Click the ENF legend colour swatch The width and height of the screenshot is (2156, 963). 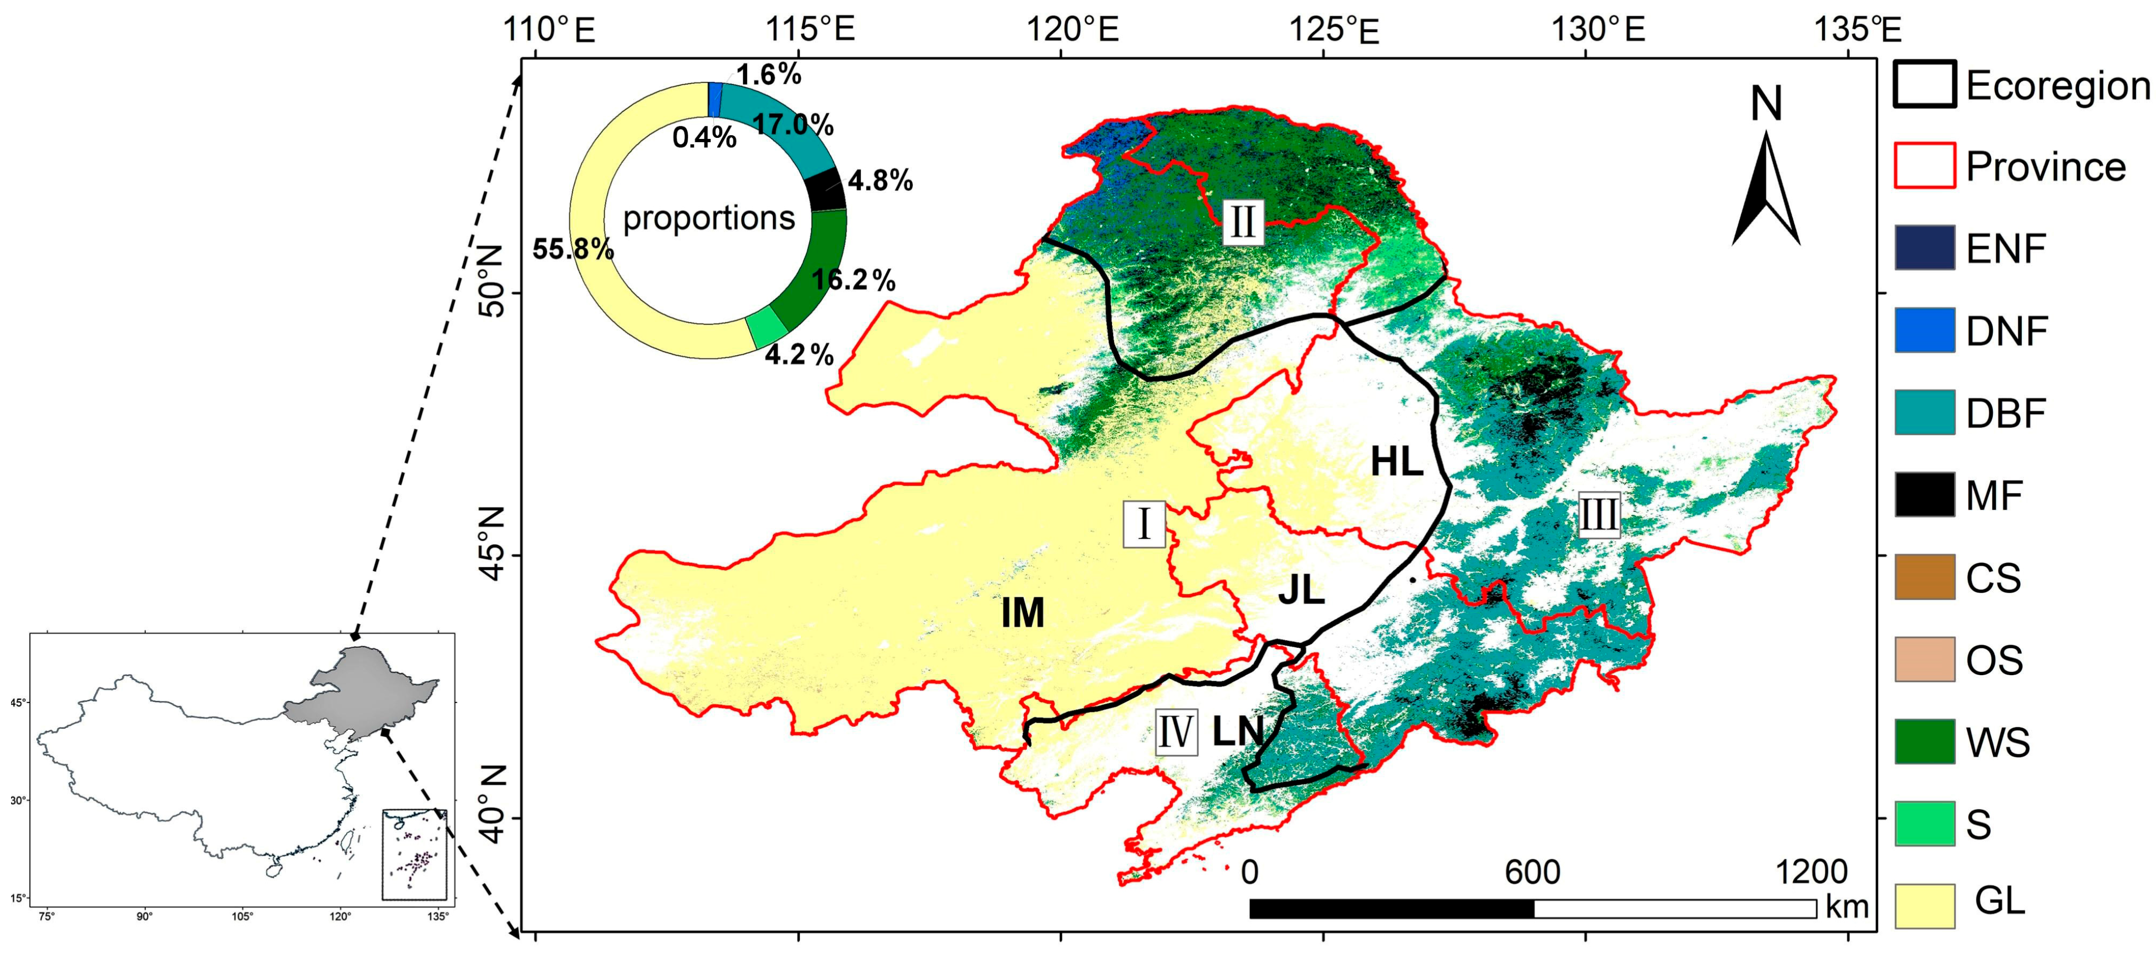(1924, 248)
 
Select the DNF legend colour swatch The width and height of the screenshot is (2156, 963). (1924, 329)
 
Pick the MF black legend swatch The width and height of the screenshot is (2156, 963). (1924, 495)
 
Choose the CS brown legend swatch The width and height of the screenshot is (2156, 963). (1924, 576)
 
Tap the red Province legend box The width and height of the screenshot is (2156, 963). (1924, 166)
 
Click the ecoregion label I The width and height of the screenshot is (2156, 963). (1143, 525)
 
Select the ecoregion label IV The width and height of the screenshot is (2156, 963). (1175, 732)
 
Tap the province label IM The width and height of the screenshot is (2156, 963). (1023, 613)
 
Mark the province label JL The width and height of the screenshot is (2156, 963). (1301, 590)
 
